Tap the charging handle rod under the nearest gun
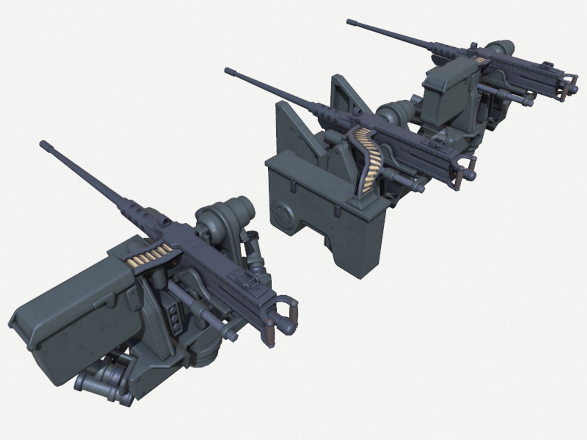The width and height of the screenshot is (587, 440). click(204, 316)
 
